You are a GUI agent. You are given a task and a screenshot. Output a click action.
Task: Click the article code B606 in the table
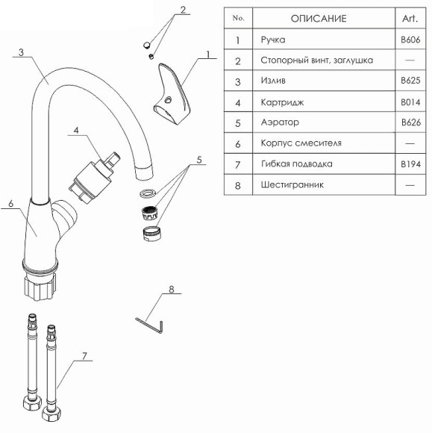click(410, 40)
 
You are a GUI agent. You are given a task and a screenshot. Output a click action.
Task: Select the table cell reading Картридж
click(282, 102)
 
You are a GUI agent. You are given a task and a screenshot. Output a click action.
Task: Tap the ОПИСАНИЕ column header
click(319, 19)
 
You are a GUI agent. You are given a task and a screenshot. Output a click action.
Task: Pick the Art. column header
click(410, 19)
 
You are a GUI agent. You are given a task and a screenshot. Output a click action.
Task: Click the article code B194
click(410, 164)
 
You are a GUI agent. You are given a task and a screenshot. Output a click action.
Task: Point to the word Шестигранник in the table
click(292, 184)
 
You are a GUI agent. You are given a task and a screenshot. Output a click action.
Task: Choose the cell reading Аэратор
click(280, 122)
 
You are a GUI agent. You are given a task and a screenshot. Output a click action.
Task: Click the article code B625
click(410, 81)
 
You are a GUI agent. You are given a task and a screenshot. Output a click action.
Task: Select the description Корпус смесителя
click(301, 143)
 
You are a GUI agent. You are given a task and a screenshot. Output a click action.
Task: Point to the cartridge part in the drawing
click(94, 179)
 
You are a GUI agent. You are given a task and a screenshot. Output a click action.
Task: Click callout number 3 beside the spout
click(21, 52)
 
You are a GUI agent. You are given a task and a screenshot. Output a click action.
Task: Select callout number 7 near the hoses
click(84, 355)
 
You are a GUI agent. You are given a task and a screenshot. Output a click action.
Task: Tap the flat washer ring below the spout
click(148, 193)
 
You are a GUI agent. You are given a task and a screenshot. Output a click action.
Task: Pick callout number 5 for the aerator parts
click(199, 160)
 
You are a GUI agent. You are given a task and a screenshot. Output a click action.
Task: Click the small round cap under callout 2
click(146, 45)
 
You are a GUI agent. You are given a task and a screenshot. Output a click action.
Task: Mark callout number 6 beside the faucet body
click(10, 204)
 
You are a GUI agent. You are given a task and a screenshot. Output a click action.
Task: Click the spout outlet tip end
click(144, 173)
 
